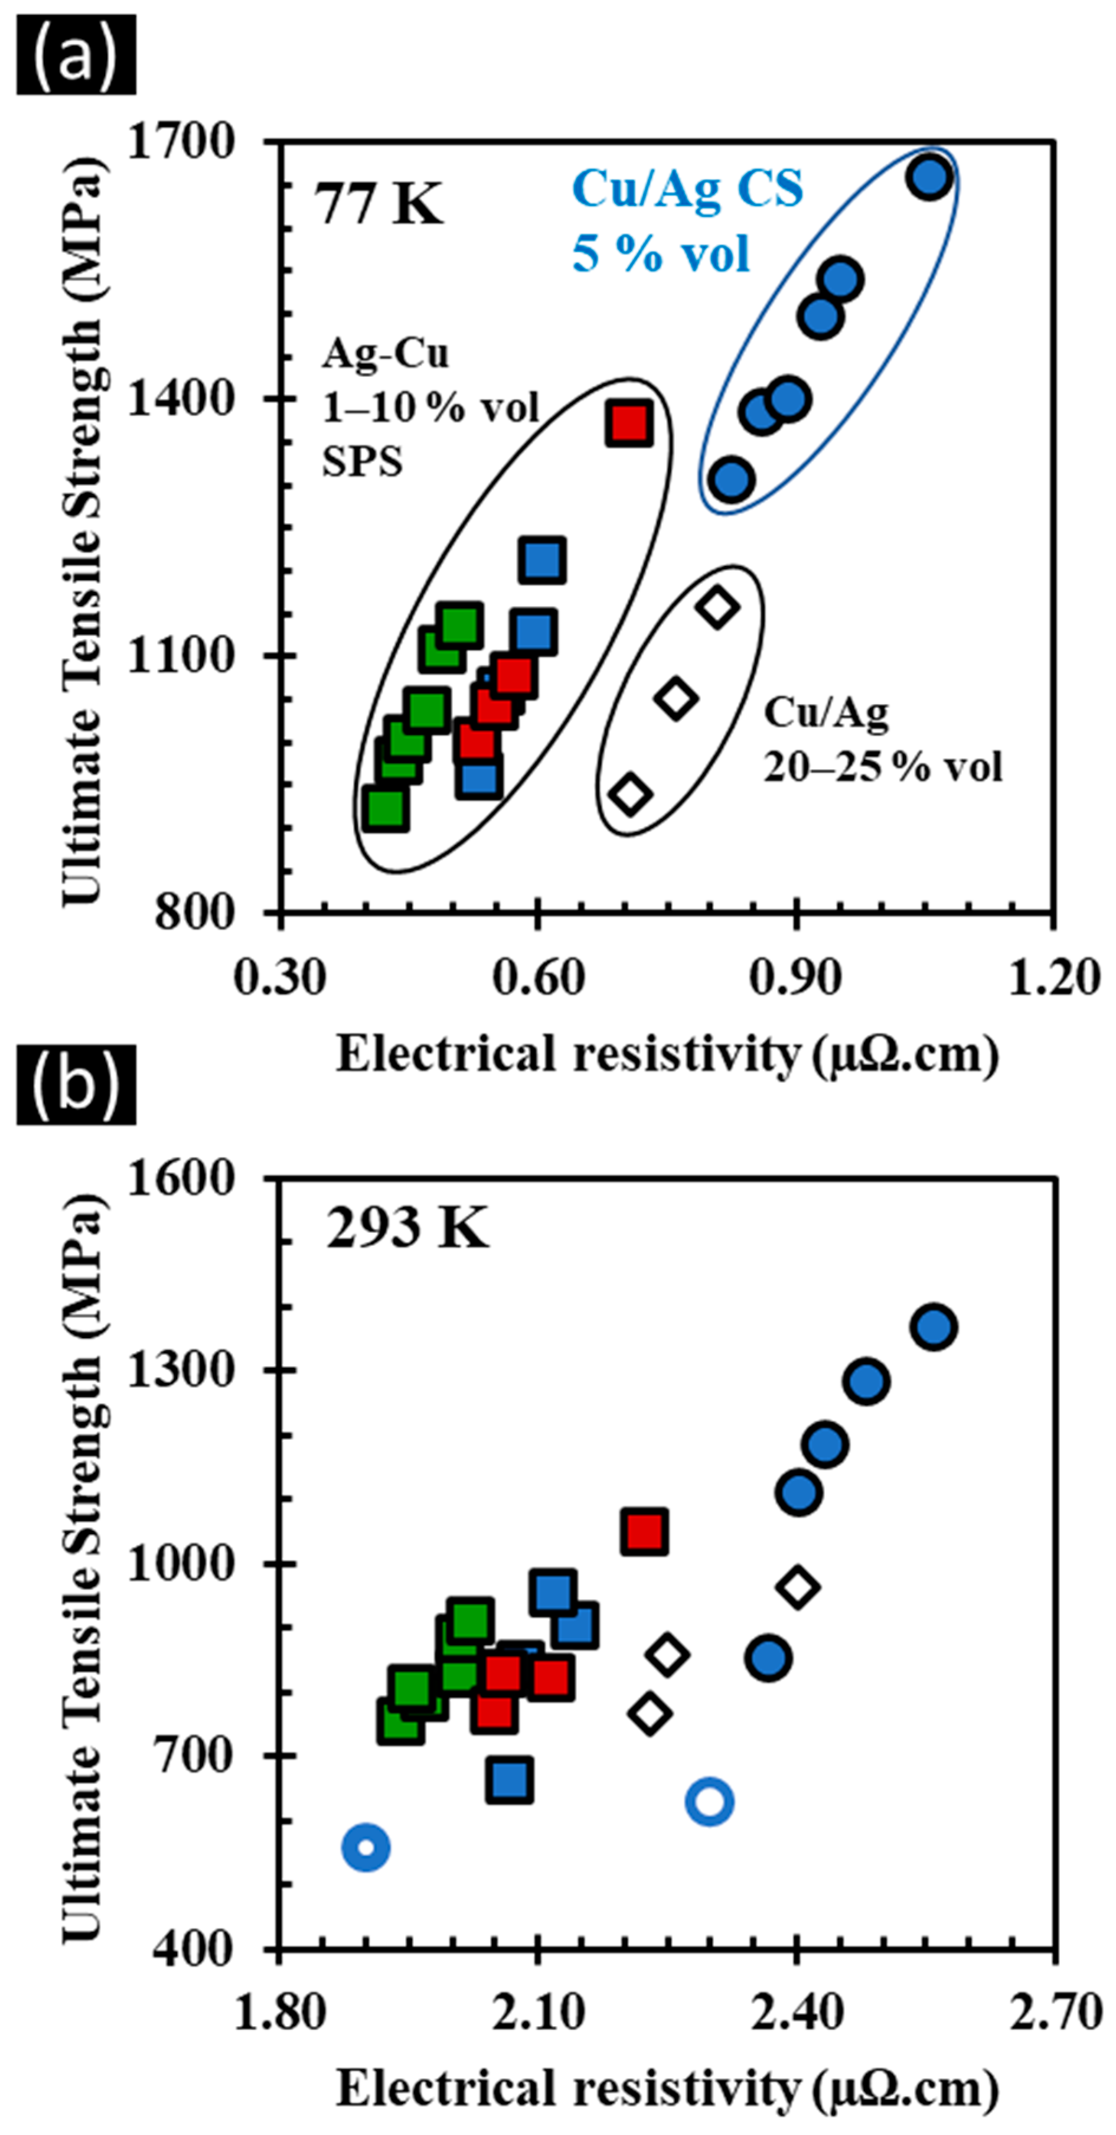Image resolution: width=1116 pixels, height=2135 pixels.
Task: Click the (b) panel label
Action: [76, 1084]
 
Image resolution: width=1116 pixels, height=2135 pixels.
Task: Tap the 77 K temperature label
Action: [378, 203]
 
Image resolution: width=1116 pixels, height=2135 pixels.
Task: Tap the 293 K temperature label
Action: [406, 1228]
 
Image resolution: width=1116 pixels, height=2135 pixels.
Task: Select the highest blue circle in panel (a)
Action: [929, 177]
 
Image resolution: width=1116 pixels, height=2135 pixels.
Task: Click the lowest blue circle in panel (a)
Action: [731, 479]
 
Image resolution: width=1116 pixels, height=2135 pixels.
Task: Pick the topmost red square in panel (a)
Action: [629, 424]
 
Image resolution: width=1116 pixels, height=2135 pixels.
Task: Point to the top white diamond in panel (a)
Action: [717, 607]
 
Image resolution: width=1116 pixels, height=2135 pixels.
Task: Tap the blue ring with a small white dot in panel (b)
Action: [366, 1847]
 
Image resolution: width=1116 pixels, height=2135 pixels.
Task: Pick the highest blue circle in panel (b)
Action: [934, 1327]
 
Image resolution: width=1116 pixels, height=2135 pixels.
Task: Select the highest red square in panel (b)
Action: [645, 1531]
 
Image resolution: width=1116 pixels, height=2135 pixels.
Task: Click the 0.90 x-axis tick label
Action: [795, 977]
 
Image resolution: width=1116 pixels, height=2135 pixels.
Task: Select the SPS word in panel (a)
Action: [362, 461]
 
